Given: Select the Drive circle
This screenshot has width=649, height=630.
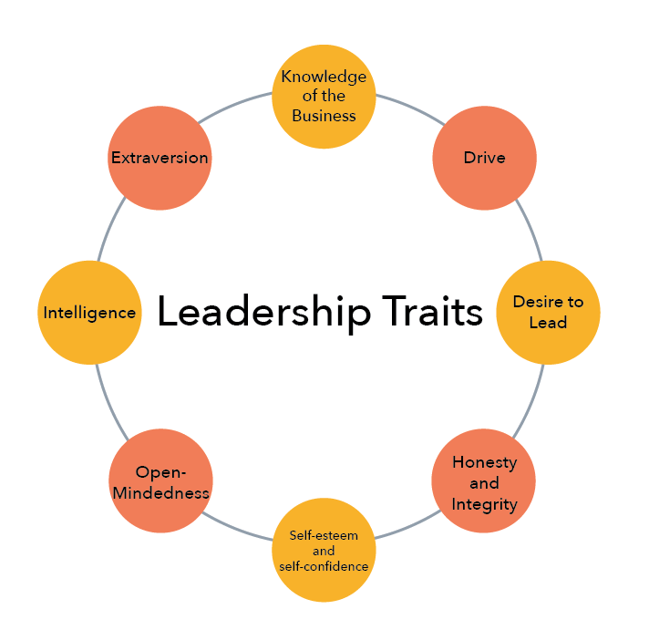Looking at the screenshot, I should (484, 158).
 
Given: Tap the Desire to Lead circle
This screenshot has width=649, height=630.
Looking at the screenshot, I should (548, 313).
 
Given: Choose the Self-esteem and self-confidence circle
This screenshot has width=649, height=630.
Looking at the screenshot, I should (324, 550).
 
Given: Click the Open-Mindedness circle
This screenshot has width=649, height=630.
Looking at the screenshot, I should (160, 481).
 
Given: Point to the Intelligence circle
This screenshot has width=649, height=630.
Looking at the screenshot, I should (89, 313).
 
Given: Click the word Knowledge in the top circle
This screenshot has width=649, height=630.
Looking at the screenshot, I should (324, 77).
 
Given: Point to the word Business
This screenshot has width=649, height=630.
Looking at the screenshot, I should (324, 116).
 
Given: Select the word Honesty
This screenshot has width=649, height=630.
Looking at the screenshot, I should (484, 462).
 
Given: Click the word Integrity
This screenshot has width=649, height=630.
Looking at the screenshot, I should (484, 504).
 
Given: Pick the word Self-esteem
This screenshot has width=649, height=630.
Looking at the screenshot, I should (324, 535).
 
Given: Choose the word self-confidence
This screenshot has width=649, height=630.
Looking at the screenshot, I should (324, 566).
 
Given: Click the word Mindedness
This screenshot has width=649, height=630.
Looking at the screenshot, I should (160, 493).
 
